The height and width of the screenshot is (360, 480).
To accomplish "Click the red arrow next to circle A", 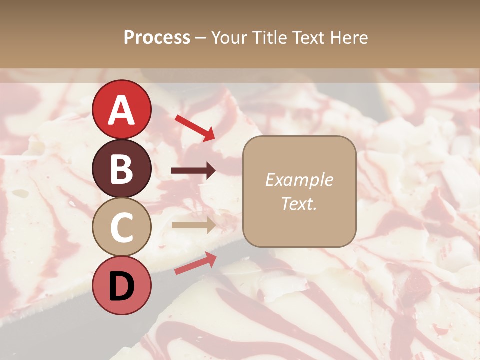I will pyautogui.click(x=195, y=127).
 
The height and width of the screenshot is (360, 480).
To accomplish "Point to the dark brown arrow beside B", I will pyautogui.click(x=193, y=171).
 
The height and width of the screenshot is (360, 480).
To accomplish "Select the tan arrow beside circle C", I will pyautogui.click(x=193, y=225).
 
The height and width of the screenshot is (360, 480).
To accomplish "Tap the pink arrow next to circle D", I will pyautogui.click(x=195, y=263).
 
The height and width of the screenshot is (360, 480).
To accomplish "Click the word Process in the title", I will pyautogui.click(x=157, y=37).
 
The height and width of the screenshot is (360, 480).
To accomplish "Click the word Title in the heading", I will pyautogui.click(x=270, y=37).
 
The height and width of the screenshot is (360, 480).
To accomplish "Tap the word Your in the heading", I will pyautogui.click(x=230, y=37).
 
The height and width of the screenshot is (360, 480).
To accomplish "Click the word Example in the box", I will pyautogui.click(x=299, y=180).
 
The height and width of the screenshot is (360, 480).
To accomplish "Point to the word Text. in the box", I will pyautogui.click(x=299, y=203).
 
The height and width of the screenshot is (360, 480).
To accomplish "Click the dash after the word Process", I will pyautogui.click(x=201, y=38).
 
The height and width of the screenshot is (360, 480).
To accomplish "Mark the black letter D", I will pyautogui.click(x=121, y=286).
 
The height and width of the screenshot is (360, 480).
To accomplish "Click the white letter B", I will pyautogui.click(x=121, y=168).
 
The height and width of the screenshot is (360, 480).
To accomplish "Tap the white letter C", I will pyautogui.click(x=121, y=227).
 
